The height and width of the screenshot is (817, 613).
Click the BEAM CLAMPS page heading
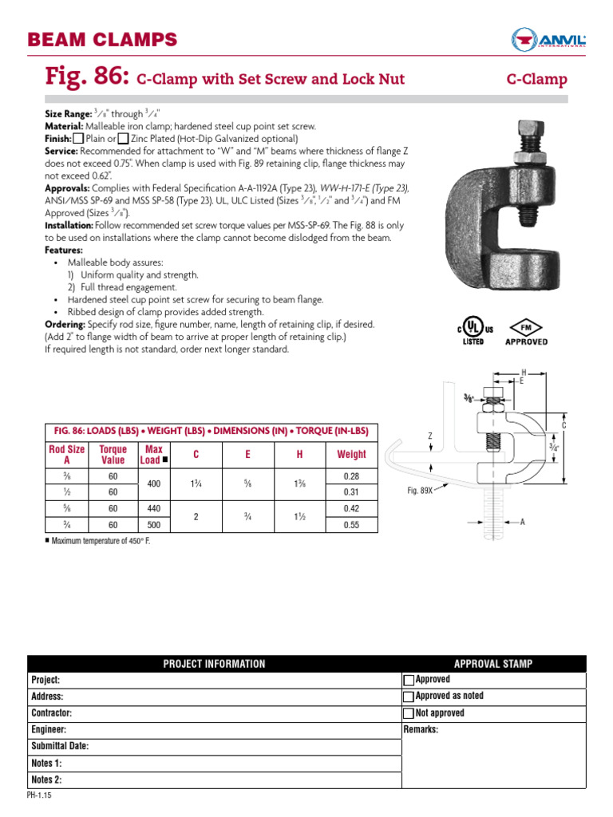pos(102,40)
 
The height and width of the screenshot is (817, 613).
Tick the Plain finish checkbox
pos(77,139)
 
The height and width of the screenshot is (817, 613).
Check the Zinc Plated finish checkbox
pos(123,139)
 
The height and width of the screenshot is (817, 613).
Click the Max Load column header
pos(152,455)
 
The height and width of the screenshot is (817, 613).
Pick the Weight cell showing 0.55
pos(351,525)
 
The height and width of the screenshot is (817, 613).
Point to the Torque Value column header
pos(113,455)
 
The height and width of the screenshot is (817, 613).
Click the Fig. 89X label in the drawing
pos(419,491)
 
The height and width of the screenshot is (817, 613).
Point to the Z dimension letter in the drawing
pos(429,436)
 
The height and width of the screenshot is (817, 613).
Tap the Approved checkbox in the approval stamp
pos(409,681)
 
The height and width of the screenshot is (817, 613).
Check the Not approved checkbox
pos(409,712)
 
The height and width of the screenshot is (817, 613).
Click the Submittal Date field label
pos(60,746)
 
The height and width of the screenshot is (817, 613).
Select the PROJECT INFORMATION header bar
pos(214,664)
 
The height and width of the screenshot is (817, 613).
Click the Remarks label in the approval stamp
pos(421,729)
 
